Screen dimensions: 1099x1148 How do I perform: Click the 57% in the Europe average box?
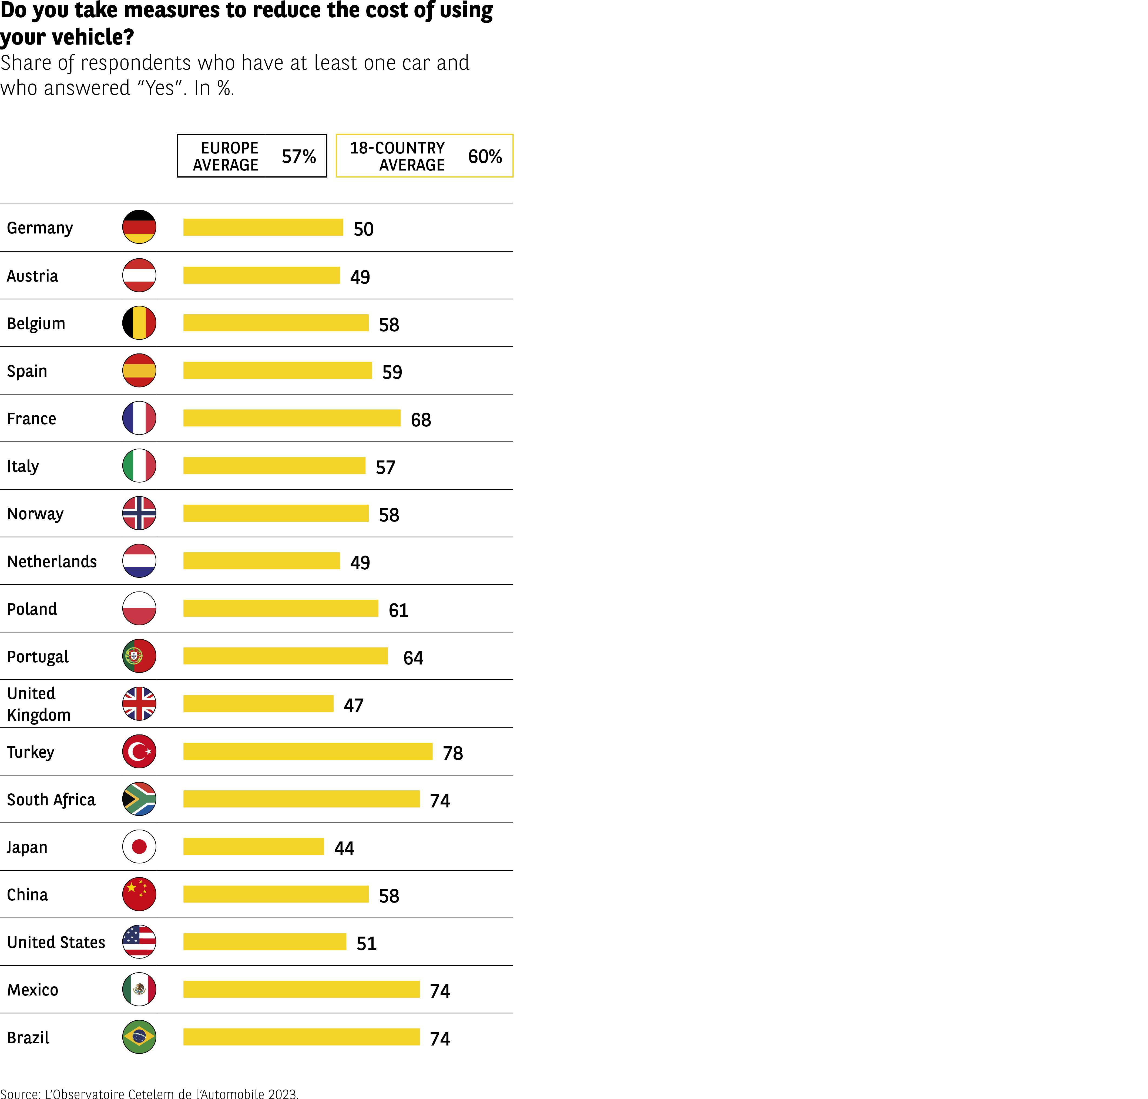click(x=299, y=156)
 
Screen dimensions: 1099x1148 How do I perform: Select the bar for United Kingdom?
click(x=258, y=704)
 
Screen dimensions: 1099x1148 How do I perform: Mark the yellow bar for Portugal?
click(x=285, y=656)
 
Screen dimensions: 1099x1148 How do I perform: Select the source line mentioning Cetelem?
click(x=149, y=1093)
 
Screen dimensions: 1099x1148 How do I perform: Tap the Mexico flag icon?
click(x=139, y=990)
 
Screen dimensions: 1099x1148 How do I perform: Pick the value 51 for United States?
click(x=366, y=943)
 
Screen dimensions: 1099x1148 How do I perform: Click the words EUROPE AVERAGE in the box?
click(x=226, y=156)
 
